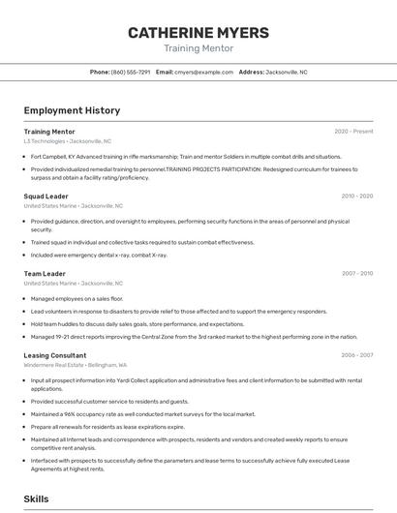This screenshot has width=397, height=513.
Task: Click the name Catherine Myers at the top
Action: click(x=198, y=32)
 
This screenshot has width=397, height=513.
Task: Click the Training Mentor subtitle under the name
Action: click(x=198, y=48)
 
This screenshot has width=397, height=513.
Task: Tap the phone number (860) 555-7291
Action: click(x=131, y=72)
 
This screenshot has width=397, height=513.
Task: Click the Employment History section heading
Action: click(x=72, y=110)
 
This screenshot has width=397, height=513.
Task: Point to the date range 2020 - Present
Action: click(x=353, y=132)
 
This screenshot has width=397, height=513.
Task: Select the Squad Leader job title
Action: click(x=46, y=196)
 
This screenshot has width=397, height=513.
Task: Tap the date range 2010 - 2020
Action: click(x=356, y=196)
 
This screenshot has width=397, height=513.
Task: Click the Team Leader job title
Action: click(x=45, y=274)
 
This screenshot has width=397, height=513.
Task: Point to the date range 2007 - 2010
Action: click(x=356, y=274)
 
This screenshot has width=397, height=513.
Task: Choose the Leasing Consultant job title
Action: click(x=55, y=355)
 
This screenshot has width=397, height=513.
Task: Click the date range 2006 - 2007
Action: click(x=356, y=355)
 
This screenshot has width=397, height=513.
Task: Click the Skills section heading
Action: click(x=36, y=498)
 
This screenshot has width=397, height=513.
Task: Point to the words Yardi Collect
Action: click(x=114, y=380)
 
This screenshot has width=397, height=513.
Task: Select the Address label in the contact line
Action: click(x=251, y=72)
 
